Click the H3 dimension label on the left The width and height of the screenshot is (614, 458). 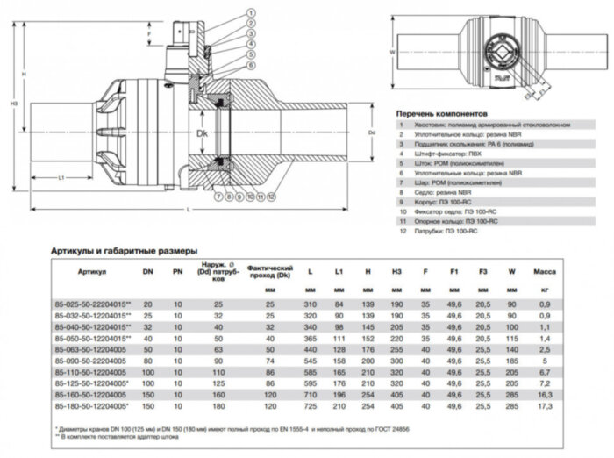(12, 104)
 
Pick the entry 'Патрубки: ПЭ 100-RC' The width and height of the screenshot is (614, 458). (439, 233)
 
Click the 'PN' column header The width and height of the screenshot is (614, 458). (179, 273)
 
